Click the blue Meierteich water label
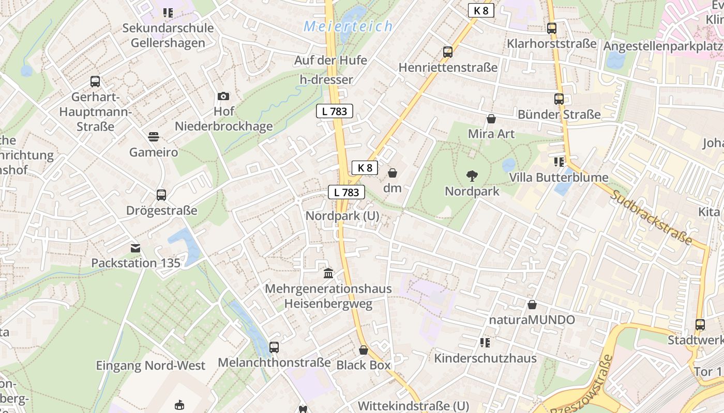[348, 26]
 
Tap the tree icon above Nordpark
[472, 176]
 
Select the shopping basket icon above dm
[393, 172]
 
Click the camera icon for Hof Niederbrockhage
[223, 96]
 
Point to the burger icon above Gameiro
[154, 137]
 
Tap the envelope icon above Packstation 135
[135, 248]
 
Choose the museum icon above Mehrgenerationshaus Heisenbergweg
[328, 273]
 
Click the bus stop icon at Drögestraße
[161, 195]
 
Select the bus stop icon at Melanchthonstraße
[274, 347]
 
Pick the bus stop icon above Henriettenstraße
[448, 52]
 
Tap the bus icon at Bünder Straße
[559, 99]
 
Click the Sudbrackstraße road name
[651, 217]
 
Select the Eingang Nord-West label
[150, 366]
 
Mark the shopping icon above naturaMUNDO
[532, 305]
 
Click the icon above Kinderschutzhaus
[485, 343]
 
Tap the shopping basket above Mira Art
[491, 119]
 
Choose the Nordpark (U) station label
[342, 216]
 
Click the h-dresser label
[326, 80]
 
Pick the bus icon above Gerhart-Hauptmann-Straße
[95, 82]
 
